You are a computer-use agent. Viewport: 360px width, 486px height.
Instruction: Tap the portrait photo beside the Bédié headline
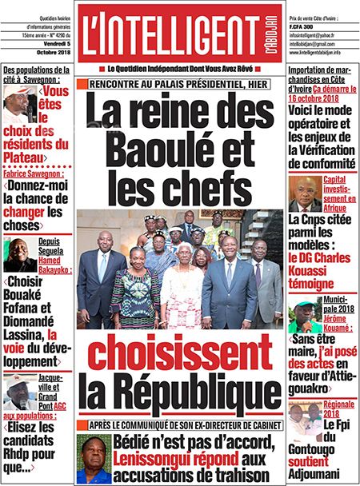(94, 458)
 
